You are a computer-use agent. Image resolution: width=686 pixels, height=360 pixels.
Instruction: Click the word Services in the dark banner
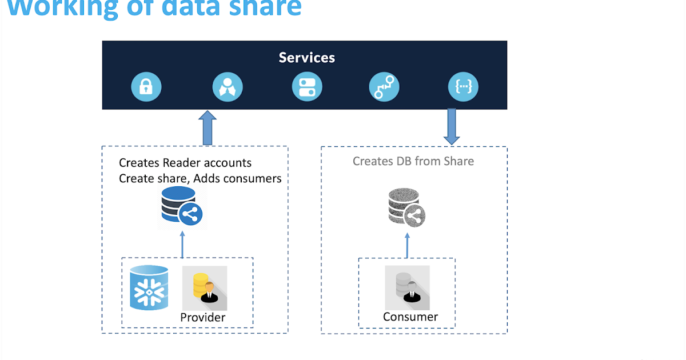306,58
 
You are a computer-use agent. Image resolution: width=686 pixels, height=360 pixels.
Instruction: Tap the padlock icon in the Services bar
146,88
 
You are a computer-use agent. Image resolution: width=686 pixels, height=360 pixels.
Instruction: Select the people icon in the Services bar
228,88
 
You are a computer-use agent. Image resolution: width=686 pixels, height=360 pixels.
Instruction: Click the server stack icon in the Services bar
307,88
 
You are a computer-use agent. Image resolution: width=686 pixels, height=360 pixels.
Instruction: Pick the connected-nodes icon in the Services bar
384,88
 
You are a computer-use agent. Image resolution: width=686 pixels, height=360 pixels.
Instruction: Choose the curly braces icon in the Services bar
463,88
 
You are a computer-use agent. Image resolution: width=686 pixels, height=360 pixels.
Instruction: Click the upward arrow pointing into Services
208,127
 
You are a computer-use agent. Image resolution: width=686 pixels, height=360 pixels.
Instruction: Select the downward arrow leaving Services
452,126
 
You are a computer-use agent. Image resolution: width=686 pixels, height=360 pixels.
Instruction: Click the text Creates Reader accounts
185,163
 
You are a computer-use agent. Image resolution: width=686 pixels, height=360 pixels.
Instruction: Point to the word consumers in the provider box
251,179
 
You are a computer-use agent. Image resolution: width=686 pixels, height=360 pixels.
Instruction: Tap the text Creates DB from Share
413,161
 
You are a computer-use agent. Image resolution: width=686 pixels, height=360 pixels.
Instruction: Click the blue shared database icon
180,207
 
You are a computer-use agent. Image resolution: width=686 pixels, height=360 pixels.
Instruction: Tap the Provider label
203,318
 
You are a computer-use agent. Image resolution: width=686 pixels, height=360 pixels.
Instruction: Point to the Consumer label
410,317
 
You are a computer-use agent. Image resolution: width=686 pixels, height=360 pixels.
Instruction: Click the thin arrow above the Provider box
182,244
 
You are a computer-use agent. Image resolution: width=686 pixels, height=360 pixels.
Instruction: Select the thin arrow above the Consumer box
408,244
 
